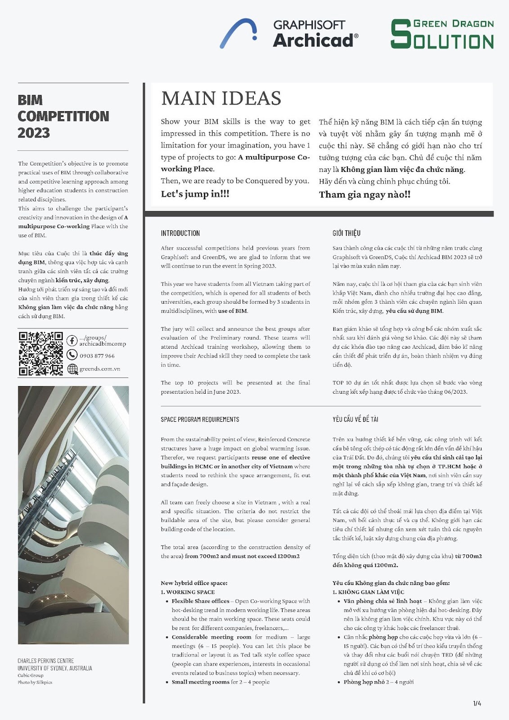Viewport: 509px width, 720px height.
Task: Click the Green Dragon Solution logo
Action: pos(442,34)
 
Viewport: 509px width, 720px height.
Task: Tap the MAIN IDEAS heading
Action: pos(221,98)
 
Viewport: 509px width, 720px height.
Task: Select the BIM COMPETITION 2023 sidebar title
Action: pos(63,116)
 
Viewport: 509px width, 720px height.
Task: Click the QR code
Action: pos(41,353)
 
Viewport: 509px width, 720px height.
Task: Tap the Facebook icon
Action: pos(72,341)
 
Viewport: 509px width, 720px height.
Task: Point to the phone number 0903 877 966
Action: pos(97,355)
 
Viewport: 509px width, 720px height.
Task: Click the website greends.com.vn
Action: pos(99,369)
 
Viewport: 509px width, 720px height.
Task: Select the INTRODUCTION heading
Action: pos(180,233)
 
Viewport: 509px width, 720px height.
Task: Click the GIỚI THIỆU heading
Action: pos(346,233)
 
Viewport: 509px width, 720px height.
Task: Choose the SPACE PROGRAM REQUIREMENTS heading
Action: pos(200,419)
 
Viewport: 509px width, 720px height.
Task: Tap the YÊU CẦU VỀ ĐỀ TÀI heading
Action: pos(355,419)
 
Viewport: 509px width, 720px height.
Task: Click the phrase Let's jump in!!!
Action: pos(195,194)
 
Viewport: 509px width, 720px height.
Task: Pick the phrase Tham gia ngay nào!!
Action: pos(365,194)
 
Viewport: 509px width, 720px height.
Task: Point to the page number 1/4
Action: pos(477,703)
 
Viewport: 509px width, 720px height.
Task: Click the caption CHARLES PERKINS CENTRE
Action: pos(45,661)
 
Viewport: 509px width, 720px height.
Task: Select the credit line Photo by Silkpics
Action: pos(35,682)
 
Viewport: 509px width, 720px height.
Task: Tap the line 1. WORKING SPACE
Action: pos(188,592)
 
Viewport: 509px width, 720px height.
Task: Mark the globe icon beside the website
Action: pos(72,369)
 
